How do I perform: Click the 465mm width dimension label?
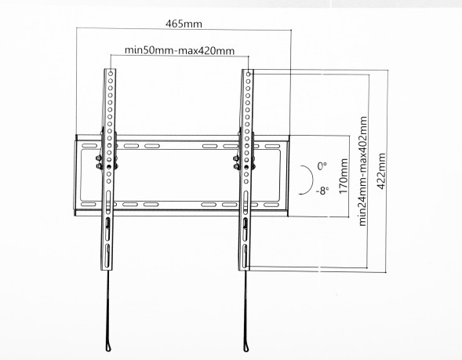[x=180, y=23]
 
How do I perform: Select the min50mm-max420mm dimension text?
[x=180, y=52]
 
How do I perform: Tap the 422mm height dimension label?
[x=382, y=169]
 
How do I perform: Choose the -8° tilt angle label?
[x=322, y=191]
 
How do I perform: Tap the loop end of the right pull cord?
[x=248, y=346]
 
